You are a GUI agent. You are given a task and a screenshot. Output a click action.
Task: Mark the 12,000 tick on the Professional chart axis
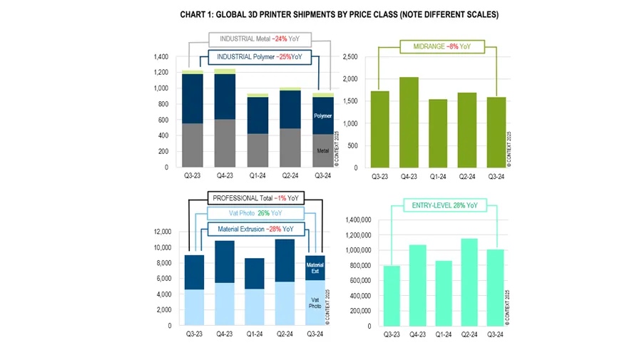160,232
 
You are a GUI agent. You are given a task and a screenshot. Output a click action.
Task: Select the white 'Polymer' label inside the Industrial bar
322,115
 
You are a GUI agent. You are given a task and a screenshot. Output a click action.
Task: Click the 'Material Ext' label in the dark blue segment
315,268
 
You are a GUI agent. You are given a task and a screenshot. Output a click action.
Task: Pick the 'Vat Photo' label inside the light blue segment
315,302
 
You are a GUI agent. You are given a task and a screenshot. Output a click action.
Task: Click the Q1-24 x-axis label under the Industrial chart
258,176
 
